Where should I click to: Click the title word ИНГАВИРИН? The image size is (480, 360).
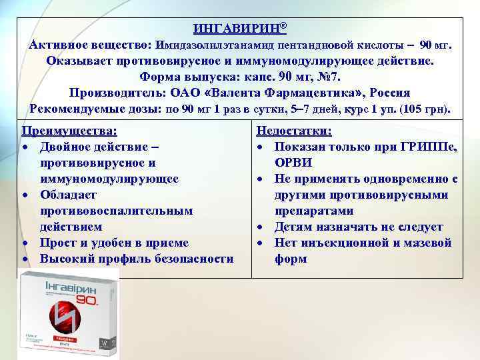coord(236,29)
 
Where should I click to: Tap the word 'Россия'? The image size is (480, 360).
coord(391,93)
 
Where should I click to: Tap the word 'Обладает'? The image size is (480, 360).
coord(69,195)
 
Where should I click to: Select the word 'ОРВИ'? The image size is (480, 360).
coord(293,163)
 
